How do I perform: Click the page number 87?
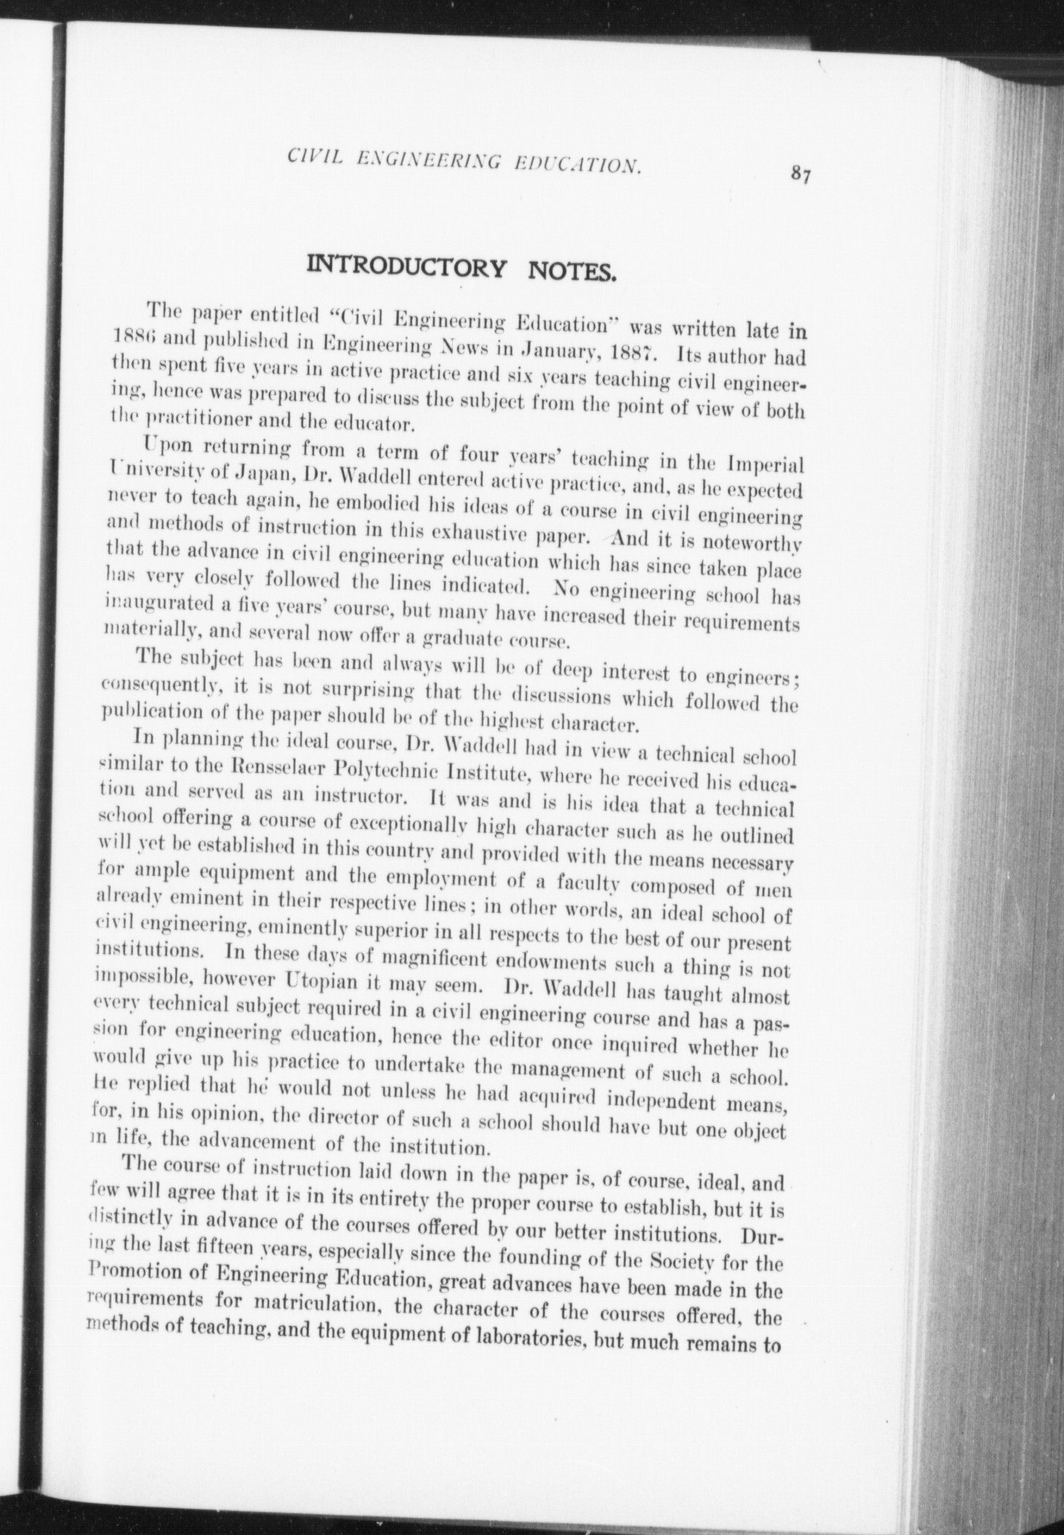point(802,175)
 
